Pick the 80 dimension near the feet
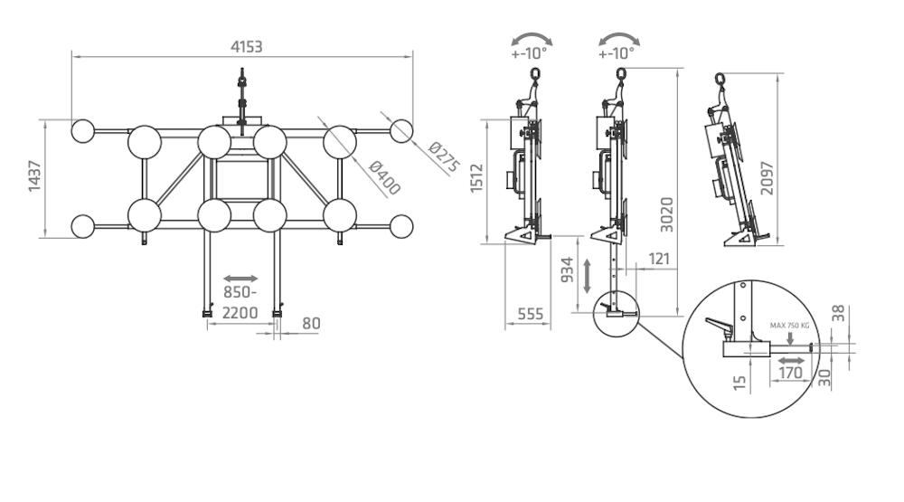point(311,322)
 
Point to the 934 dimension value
point(568,269)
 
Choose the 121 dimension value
point(661,260)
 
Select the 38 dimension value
point(839,313)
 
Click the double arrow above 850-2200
point(240,278)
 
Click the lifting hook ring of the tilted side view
point(720,78)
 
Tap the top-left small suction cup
point(83,131)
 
